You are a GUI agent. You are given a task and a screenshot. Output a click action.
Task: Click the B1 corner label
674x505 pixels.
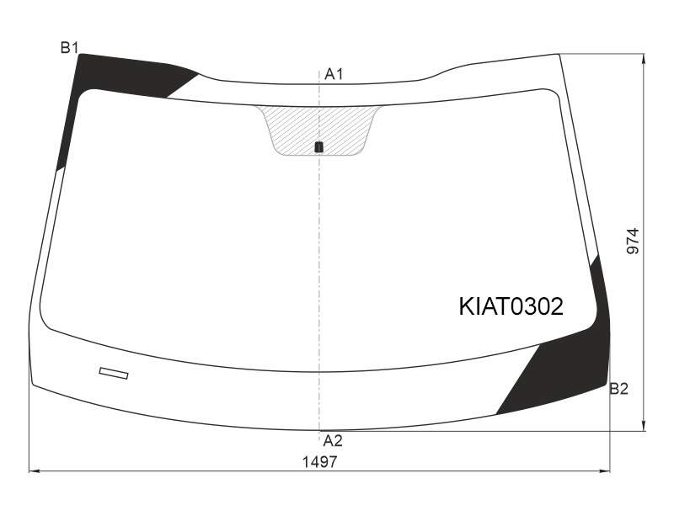pyautogui.click(x=69, y=47)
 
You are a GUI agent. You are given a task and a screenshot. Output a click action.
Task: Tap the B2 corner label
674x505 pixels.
pyautogui.click(x=619, y=389)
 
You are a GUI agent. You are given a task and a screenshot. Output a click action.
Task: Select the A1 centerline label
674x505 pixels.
pyautogui.click(x=334, y=74)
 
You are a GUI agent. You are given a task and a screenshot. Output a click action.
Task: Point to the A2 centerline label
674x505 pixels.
pyautogui.click(x=333, y=440)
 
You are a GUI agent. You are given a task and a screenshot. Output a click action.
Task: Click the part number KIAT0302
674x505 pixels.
pyautogui.click(x=511, y=306)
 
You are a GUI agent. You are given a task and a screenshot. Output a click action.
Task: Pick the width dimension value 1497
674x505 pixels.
pyautogui.click(x=320, y=462)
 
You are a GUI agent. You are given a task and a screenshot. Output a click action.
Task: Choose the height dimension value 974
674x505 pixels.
pyautogui.click(x=633, y=241)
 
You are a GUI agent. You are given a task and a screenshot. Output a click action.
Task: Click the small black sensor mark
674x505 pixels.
pyautogui.click(x=319, y=146)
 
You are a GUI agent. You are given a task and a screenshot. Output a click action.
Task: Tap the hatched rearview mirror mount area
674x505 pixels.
pyautogui.click(x=318, y=129)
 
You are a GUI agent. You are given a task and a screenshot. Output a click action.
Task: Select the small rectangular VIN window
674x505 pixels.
pyautogui.click(x=114, y=373)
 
